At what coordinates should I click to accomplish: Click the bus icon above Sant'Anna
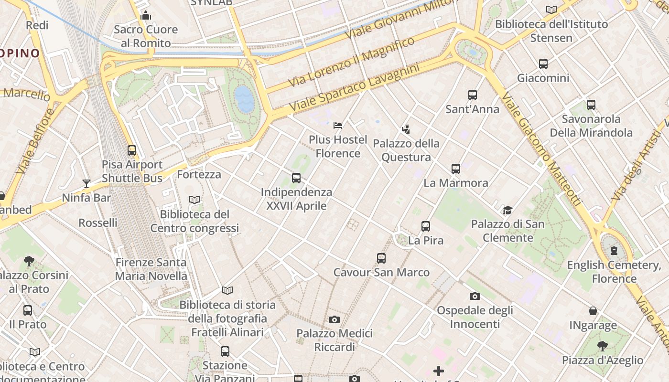click(x=473, y=95)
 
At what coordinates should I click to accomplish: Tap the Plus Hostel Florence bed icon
click(x=338, y=126)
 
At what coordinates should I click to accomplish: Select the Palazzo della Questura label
click(x=406, y=150)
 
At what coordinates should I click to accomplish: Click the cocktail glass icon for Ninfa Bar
click(x=86, y=183)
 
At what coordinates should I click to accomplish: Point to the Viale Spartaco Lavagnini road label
click(x=354, y=88)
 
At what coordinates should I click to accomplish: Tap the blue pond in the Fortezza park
click(x=245, y=98)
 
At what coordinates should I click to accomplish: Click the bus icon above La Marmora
click(x=456, y=169)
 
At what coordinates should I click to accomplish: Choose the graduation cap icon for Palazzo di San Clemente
click(x=507, y=210)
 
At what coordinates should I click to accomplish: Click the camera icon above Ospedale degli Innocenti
click(x=475, y=296)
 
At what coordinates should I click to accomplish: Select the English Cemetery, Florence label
click(x=614, y=272)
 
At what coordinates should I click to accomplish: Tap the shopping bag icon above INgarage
click(x=593, y=311)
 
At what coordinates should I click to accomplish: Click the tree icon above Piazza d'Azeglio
click(x=603, y=346)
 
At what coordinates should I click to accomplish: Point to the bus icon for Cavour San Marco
click(x=381, y=258)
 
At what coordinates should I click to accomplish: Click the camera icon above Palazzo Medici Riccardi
click(x=334, y=319)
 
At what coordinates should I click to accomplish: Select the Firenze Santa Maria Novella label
click(x=151, y=269)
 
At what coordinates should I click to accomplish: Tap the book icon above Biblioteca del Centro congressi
click(x=194, y=200)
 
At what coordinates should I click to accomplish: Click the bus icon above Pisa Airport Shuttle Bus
click(x=132, y=150)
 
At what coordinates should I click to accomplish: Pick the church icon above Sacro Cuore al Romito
click(x=146, y=15)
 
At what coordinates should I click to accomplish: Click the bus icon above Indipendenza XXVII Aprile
click(x=296, y=178)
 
